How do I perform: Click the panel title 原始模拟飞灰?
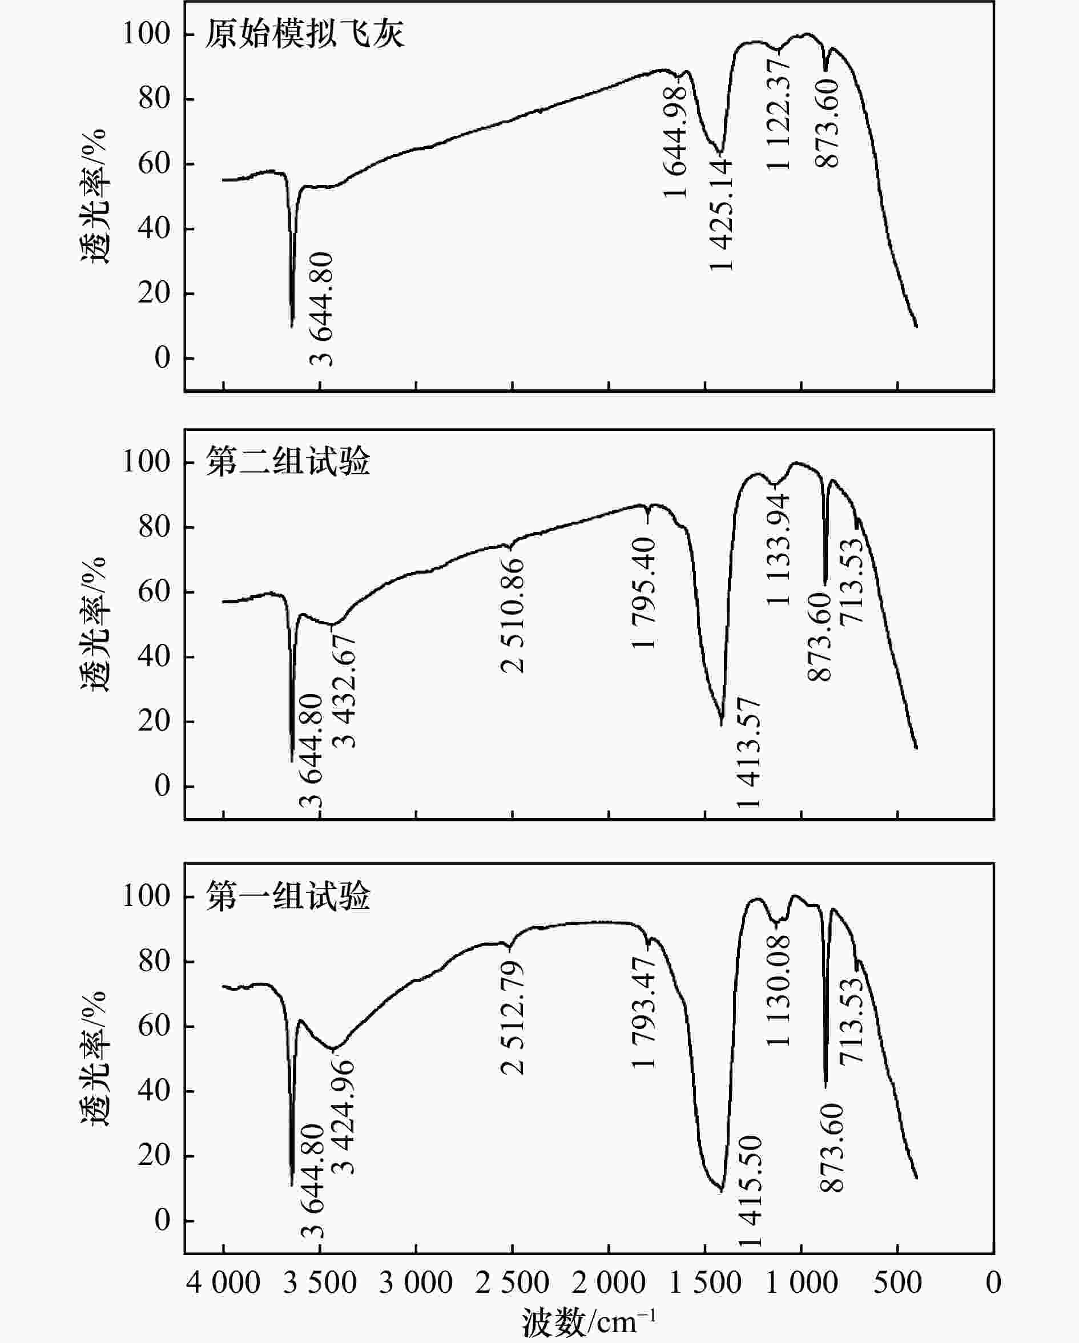(305, 34)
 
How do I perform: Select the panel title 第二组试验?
(288, 462)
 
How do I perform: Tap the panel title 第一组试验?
(288, 896)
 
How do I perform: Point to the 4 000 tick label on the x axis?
(223, 1283)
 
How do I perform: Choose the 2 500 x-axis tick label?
(512, 1283)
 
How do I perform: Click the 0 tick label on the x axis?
(993, 1283)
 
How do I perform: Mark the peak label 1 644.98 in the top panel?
(675, 142)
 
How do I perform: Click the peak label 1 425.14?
(722, 215)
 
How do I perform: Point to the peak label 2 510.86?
(513, 615)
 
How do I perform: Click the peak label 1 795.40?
(644, 593)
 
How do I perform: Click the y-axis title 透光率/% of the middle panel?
(94, 624)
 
